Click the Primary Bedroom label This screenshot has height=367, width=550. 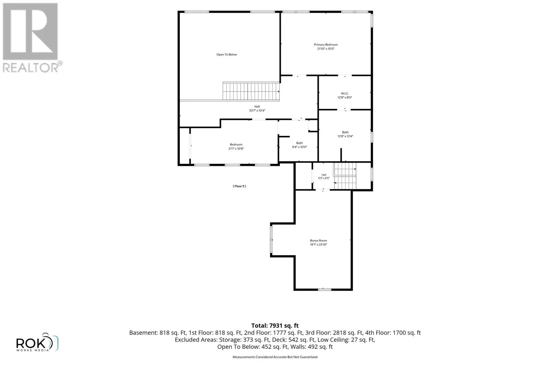[x=326, y=44]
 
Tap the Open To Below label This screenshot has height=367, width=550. [x=227, y=55]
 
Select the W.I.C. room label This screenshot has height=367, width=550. [x=345, y=93]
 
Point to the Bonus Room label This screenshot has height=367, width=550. [x=318, y=240]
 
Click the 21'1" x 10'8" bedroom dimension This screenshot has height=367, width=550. [x=236, y=149]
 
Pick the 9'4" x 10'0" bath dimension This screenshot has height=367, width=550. [x=299, y=147]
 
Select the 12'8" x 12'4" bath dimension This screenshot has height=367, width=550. [x=345, y=136]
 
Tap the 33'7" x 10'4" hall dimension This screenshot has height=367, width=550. [x=257, y=110]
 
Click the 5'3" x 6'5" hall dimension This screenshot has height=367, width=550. [x=323, y=178]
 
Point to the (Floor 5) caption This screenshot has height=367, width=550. [x=239, y=186]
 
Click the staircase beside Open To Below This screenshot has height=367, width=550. [x=251, y=91]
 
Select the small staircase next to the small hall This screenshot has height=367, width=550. [x=345, y=176]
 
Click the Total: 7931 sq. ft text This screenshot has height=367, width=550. [x=275, y=325]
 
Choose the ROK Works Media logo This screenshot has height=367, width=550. [x=37, y=342]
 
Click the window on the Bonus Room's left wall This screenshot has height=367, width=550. [x=271, y=239]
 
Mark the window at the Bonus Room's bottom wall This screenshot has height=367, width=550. [x=324, y=290]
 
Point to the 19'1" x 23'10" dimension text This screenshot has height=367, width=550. [x=318, y=245]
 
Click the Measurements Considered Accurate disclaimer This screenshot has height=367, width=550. [x=275, y=357]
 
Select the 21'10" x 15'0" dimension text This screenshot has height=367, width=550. [x=326, y=48]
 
